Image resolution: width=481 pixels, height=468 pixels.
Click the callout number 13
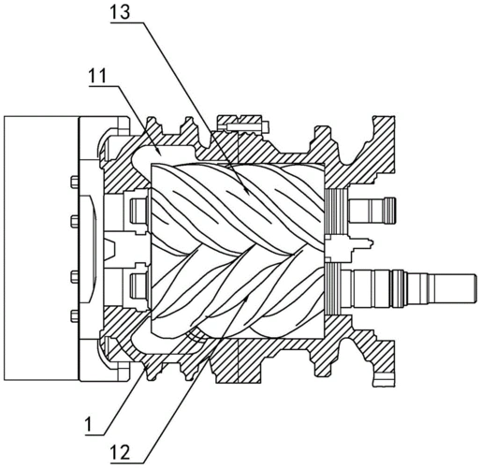coord(120,13)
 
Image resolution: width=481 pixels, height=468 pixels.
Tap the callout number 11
coord(97,76)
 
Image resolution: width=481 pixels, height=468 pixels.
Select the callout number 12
coord(120,452)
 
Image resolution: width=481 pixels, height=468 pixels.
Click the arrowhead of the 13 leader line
coord(246,191)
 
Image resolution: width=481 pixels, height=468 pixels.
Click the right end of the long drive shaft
coord(474,287)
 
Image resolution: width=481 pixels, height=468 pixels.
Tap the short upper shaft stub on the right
coord(372,211)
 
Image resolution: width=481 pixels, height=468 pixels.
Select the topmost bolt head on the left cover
coord(74,183)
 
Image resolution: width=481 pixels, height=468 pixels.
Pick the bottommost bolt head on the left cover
coord(74,316)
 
